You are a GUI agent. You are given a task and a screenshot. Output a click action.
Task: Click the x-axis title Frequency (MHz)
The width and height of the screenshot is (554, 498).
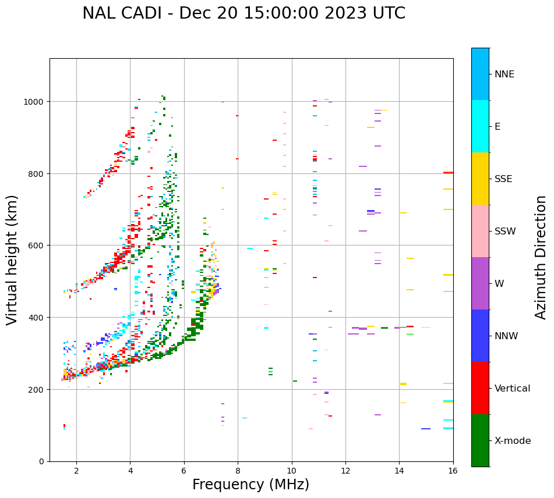250,485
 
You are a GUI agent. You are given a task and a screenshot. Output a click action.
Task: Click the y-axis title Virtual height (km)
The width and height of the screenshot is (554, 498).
12,260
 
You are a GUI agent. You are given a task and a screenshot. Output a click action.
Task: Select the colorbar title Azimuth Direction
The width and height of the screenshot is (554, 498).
541,257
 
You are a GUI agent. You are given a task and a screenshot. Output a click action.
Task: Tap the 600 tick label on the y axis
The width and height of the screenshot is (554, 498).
38,246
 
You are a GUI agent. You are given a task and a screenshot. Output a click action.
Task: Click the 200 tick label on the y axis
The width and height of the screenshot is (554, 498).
38,389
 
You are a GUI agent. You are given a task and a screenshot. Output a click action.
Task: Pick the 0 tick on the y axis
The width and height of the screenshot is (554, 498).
42,461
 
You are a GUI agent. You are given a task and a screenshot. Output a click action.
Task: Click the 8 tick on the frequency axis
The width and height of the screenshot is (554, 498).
238,471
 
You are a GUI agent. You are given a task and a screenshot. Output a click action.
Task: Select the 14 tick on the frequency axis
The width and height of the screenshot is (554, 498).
399,471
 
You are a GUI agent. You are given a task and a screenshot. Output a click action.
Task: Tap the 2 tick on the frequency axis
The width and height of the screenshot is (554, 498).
76,471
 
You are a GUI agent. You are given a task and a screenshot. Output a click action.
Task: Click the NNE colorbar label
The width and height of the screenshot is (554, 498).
504,74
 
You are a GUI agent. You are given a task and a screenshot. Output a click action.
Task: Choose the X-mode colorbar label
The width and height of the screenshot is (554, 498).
513,441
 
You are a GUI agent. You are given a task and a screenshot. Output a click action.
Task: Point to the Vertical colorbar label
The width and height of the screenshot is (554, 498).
513,389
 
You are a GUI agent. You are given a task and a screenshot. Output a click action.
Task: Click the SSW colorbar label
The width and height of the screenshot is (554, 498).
505,232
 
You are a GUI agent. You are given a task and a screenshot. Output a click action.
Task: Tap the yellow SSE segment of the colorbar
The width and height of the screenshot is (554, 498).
480,179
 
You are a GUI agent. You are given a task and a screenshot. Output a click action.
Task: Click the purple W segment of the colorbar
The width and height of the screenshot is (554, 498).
480,283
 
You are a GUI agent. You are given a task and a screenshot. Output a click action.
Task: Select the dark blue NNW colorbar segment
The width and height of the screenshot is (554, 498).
480,336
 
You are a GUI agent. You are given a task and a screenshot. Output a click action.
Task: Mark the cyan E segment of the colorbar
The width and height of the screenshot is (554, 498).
480,126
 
